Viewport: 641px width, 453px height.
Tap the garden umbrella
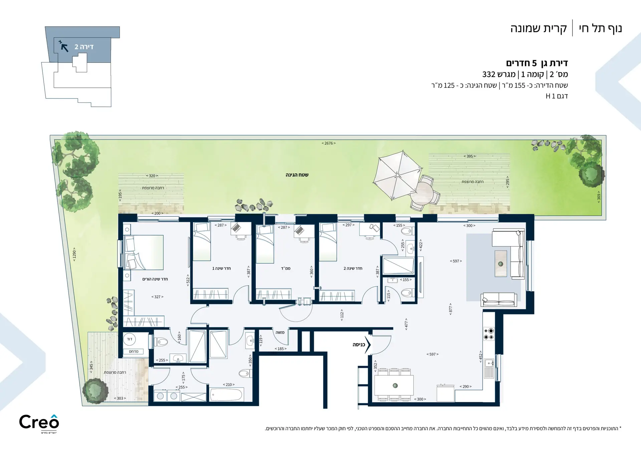click(x=397, y=175)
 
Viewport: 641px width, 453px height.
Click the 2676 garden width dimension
click(x=329, y=143)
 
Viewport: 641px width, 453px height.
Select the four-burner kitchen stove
click(x=489, y=334)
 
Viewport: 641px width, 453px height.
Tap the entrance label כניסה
click(x=359, y=345)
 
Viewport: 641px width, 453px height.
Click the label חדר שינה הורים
click(x=155, y=279)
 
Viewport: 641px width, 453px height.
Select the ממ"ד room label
click(x=285, y=268)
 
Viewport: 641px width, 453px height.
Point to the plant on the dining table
click(x=395, y=386)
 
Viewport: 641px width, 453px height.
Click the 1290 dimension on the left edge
click(x=74, y=254)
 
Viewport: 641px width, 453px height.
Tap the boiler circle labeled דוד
click(x=130, y=339)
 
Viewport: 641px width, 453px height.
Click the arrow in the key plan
click(x=64, y=47)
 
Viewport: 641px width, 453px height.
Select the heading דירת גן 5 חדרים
click(x=537, y=63)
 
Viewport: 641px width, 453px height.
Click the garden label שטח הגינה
click(x=297, y=175)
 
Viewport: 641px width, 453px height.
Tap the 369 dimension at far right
click(x=599, y=197)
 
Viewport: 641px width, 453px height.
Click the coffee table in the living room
click(x=500, y=264)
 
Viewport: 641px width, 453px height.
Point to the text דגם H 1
click(x=557, y=96)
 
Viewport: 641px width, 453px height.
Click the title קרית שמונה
click(x=539, y=29)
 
